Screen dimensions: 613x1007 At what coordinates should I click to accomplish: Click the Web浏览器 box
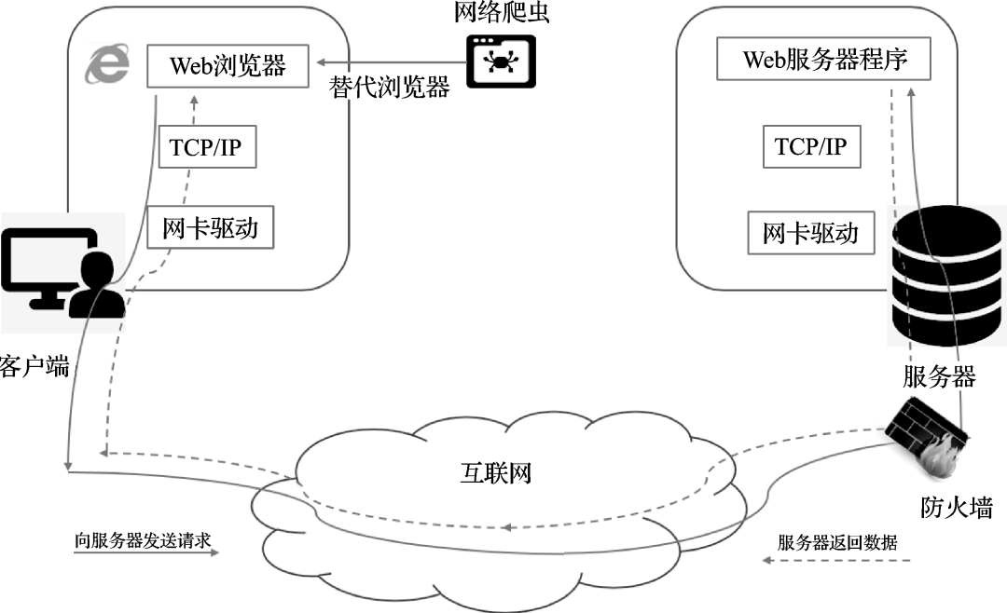coord(228,67)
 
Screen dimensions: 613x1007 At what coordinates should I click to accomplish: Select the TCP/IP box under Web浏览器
coord(207,148)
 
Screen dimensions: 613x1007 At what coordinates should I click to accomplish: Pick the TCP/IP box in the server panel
coord(810,147)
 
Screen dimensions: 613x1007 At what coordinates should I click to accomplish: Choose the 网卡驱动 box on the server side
coord(810,233)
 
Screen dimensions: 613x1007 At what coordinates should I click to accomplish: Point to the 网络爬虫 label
coord(503,15)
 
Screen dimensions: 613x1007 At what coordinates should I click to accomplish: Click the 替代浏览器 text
coord(390,89)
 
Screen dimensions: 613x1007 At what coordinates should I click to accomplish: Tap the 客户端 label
coord(35,365)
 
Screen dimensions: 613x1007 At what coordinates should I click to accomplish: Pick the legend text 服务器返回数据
coord(836,542)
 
